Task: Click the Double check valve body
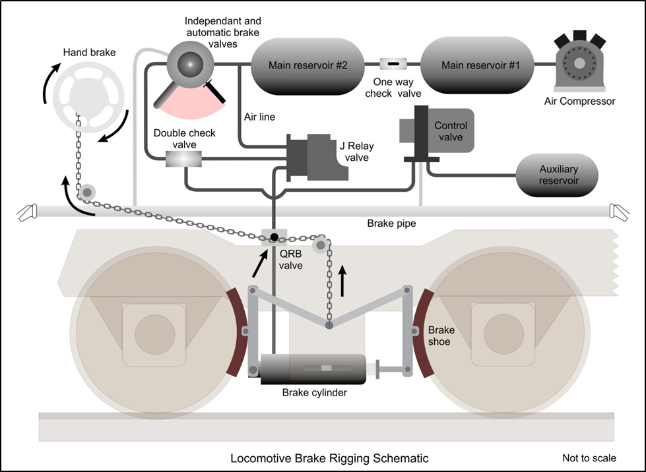click(183, 159)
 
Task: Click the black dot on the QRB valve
click(273, 235)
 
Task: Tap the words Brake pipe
click(391, 223)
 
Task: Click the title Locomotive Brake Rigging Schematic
click(329, 458)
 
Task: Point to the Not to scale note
click(589, 458)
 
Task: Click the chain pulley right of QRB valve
click(321, 245)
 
